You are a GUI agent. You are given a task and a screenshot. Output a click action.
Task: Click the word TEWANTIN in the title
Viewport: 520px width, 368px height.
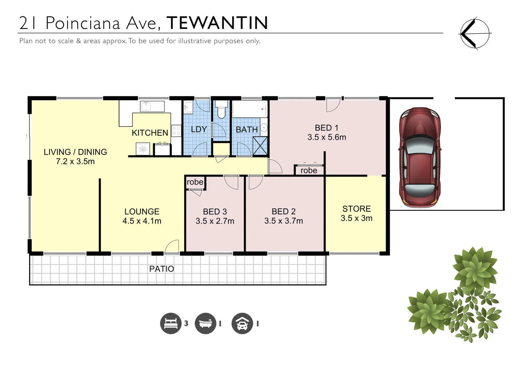tap(217, 23)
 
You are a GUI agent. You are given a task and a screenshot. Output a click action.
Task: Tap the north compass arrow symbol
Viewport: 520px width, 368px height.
tap(474, 33)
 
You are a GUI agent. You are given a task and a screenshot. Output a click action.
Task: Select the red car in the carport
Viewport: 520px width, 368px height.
tap(420, 157)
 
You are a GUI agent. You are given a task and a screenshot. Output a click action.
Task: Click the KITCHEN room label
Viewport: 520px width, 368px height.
tap(150, 133)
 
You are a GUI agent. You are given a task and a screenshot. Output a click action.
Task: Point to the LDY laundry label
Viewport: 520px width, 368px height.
tap(199, 129)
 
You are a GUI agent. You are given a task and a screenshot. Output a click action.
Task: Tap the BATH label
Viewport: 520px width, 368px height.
tap(247, 130)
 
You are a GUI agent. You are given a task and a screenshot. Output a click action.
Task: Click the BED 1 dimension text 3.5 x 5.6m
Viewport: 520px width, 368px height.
tap(327, 137)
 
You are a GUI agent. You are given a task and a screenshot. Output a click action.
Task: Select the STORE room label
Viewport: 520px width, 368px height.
tap(356, 209)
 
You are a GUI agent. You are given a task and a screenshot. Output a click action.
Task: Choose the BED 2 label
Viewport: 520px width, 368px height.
tap(283, 212)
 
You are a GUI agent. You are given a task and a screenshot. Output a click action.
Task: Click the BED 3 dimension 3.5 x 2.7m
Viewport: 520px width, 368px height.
tap(215, 221)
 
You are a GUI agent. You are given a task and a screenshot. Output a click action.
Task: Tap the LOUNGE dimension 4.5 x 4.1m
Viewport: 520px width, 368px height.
tap(142, 221)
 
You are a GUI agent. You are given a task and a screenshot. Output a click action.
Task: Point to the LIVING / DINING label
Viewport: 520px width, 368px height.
tap(75, 152)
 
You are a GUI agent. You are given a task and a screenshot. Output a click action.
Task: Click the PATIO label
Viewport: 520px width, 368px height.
tap(162, 269)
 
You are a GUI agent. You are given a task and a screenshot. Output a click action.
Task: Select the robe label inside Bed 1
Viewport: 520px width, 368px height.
tap(309, 170)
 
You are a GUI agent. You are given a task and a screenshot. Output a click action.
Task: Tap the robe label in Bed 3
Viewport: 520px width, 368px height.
tap(195, 182)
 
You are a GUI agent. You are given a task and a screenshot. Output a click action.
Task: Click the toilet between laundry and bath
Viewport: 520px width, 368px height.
tap(222, 110)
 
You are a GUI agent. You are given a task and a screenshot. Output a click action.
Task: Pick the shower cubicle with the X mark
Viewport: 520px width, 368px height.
tap(260, 146)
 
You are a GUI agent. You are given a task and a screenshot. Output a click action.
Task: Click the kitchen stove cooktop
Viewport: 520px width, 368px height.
tap(176, 131)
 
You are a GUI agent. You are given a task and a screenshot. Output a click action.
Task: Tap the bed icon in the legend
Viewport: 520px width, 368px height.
tap(170, 323)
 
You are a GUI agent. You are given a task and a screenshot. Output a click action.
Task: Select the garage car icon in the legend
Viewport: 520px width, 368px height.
tap(242, 323)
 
